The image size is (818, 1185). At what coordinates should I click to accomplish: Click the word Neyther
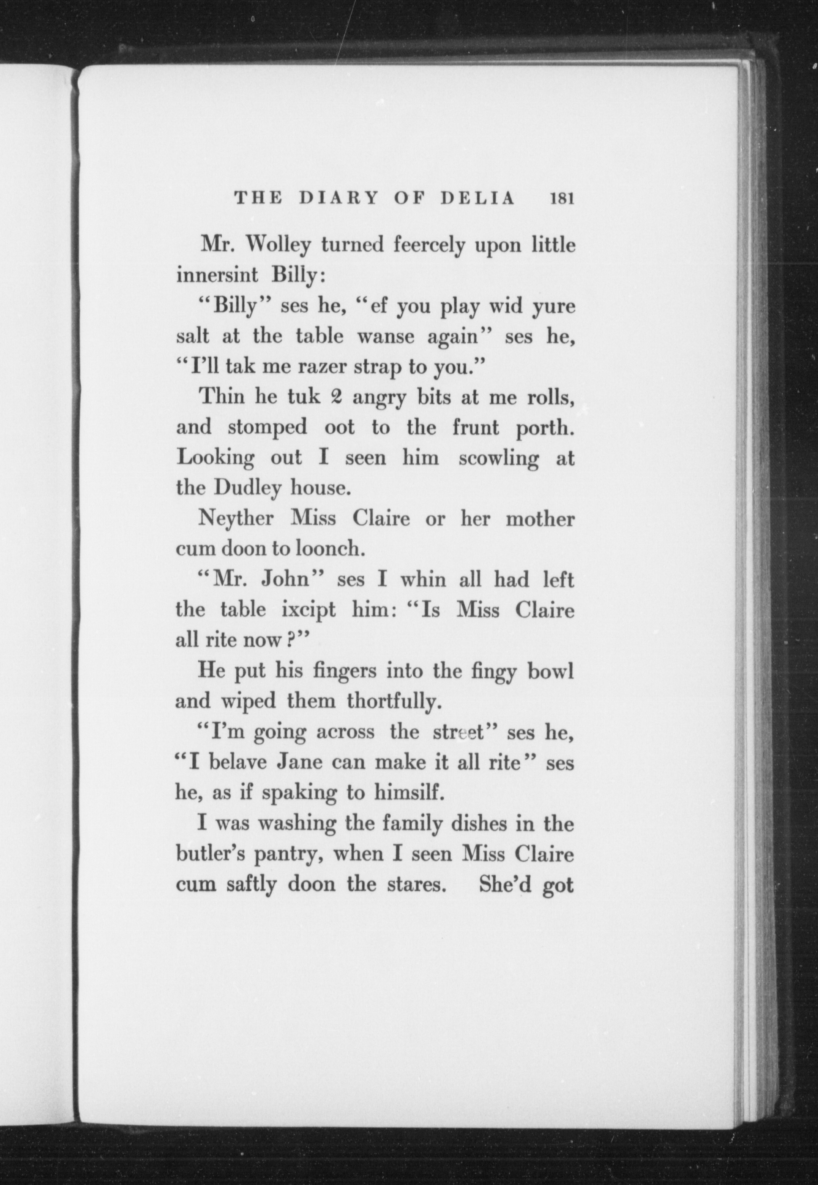pyautogui.click(x=236, y=518)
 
